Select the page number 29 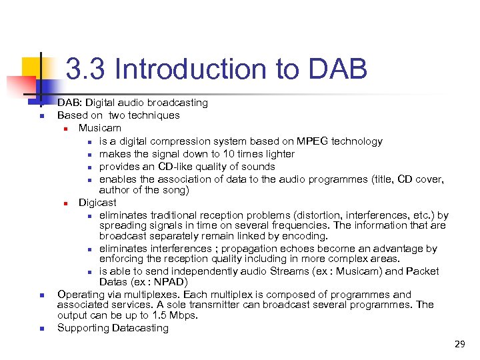click(x=459, y=344)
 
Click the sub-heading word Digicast click(x=97, y=202)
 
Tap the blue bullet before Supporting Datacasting click(x=41, y=329)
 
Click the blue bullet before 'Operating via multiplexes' click(x=41, y=295)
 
